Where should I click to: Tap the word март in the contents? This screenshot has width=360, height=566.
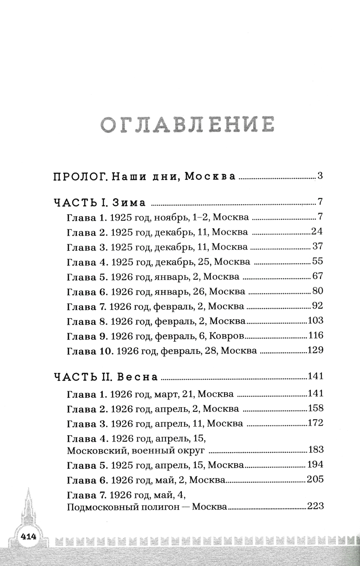pyautogui.click(x=167, y=394)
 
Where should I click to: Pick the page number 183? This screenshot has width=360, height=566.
pyautogui.click(x=315, y=449)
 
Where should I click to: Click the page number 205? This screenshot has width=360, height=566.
pyautogui.click(x=315, y=479)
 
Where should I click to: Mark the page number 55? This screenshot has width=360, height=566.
pyautogui.click(x=317, y=261)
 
